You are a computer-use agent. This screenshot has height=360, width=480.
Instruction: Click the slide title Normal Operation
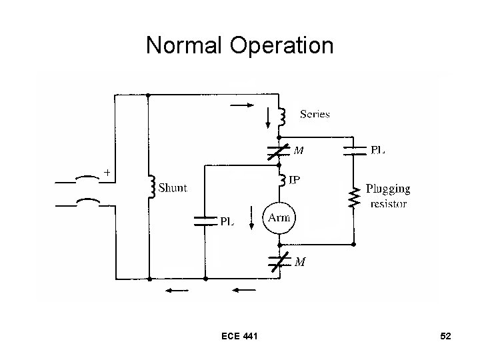pyautogui.click(x=239, y=45)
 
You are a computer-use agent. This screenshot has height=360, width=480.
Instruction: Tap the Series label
pyautogui.click(x=315, y=114)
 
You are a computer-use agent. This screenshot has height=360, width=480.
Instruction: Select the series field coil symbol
pyautogui.click(x=283, y=117)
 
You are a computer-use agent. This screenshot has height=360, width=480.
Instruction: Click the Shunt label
pyautogui.click(x=172, y=188)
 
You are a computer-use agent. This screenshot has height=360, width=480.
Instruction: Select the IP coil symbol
pyautogui.click(x=283, y=180)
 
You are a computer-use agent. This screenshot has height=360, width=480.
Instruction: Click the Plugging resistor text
pyautogui.click(x=387, y=196)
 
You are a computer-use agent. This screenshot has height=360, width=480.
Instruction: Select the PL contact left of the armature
pyautogui.click(x=205, y=221)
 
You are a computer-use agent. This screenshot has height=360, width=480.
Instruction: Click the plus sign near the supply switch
pyautogui.click(x=107, y=173)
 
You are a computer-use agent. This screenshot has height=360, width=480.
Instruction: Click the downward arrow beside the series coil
pyautogui.click(x=269, y=117)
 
